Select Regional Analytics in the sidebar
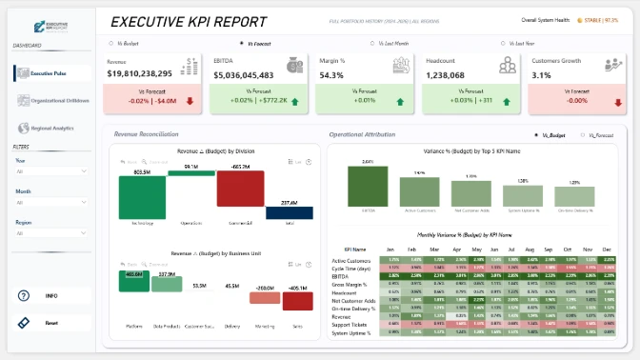[x=50, y=128]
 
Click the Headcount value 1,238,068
[x=451, y=73]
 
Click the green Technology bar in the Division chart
[x=144, y=196]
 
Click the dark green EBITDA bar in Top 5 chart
[x=369, y=185]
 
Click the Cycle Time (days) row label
[x=350, y=267]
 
